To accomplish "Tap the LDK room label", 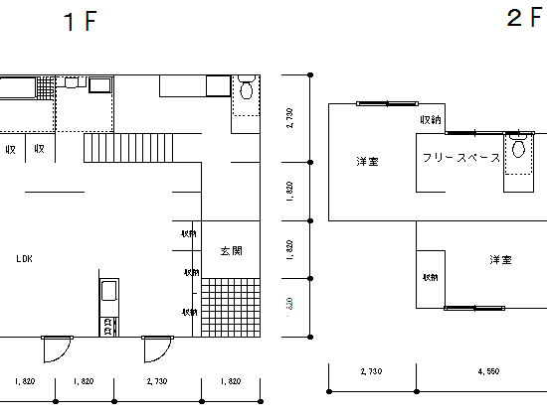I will click(x=25, y=258).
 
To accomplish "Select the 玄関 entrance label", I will click(x=232, y=251).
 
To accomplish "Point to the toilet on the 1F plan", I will click(x=247, y=93).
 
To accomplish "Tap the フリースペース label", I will click(x=460, y=158).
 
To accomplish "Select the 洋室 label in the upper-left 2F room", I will click(x=368, y=161).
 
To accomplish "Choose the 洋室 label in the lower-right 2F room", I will click(x=500, y=260).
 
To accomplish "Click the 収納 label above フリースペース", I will click(x=430, y=120).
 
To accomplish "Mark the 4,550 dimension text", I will click(x=488, y=371).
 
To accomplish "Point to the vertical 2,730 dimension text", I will click(x=289, y=119).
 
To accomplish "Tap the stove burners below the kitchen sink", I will click(x=107, y=324).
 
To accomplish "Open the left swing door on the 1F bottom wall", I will click(x=56, y=348).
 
